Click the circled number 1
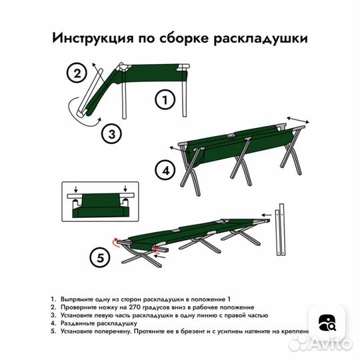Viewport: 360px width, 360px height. [164, 101]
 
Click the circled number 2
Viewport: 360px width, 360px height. [77, 73]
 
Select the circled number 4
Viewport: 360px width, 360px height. [165, 171]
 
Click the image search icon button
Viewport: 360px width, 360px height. [327, 323]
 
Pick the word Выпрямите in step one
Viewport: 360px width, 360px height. [76, 300]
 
